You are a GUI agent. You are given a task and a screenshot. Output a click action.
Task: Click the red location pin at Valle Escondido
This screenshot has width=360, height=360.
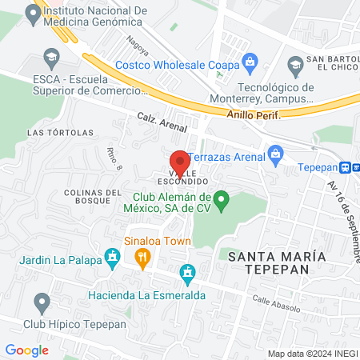click(180, 160)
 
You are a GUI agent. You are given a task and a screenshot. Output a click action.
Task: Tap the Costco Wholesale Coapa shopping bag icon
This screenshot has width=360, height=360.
click(250, 60)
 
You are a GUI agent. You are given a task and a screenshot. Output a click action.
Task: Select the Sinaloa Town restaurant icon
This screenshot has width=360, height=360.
click(144, 257)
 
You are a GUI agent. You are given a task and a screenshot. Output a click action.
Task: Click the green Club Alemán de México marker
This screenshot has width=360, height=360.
click(223, 198)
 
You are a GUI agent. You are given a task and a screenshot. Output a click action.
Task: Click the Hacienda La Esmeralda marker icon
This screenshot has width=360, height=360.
click(188, 273)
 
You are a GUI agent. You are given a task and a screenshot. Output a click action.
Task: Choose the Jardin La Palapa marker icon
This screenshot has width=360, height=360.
click(113, 258)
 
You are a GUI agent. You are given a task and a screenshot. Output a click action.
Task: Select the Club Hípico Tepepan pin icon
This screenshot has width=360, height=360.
click(42, 303)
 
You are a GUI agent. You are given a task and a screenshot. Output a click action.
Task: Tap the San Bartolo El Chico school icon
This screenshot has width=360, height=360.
click(294, 64)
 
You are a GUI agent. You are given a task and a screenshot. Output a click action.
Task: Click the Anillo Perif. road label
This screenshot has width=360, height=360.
click(252, 114)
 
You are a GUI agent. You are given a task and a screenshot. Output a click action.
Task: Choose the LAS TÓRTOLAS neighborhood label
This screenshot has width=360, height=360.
click(50, 132)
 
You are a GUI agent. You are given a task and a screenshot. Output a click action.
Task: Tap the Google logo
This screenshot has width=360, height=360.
click(26, 350)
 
